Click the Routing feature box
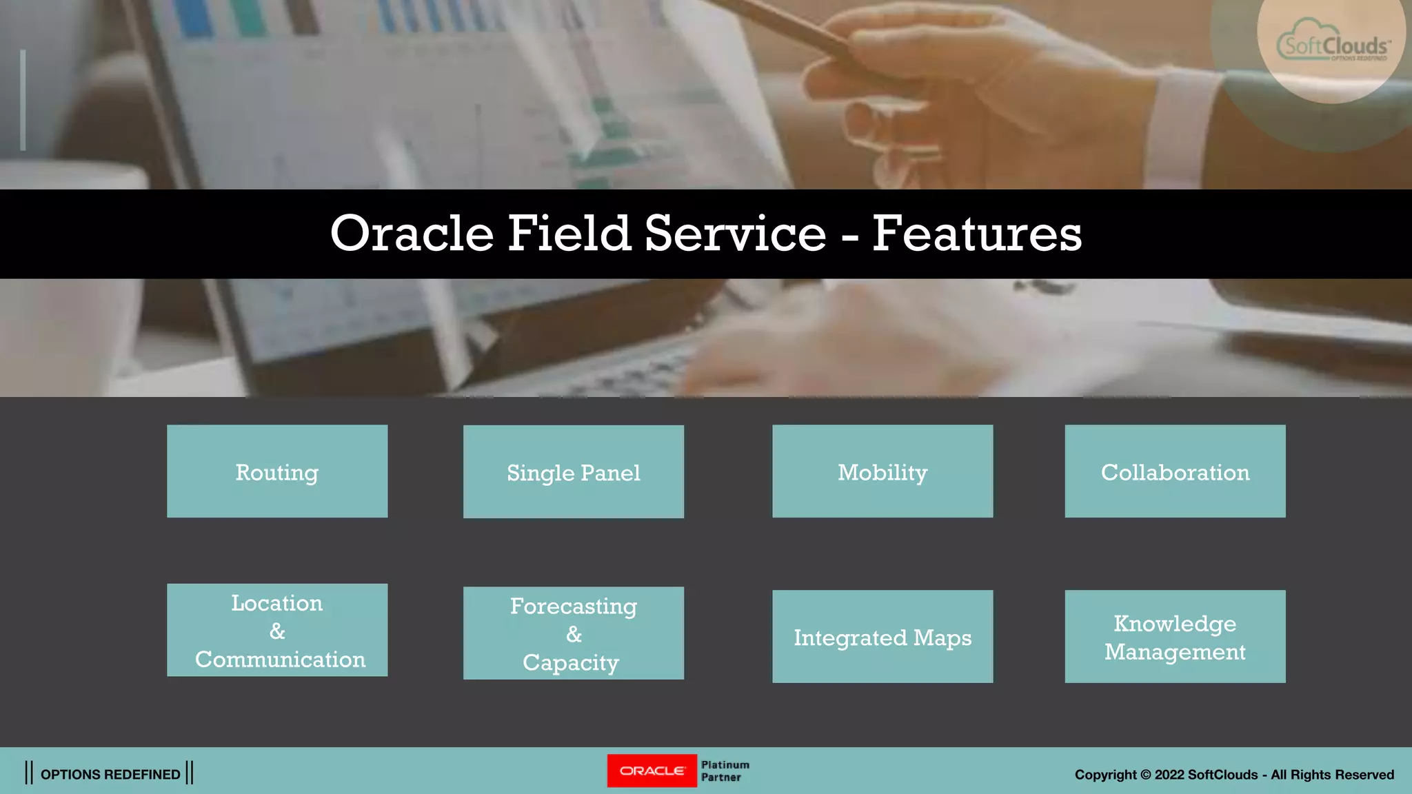click(276, 471)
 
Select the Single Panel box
click(573, 472)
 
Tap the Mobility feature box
click(882, 471)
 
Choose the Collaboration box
click(1174, 471)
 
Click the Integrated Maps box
click(882, 637)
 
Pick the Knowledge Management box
click(1174, 637)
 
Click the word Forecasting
click(573, 606)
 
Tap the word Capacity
click(570, 662)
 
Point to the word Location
click(276, 603)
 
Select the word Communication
click(280, 660)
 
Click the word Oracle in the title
click(412, 233)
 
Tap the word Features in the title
click(976, 233)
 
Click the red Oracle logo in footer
click(652, 771)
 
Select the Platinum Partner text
click(725, 771)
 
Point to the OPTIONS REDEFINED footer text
click(110, 774)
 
